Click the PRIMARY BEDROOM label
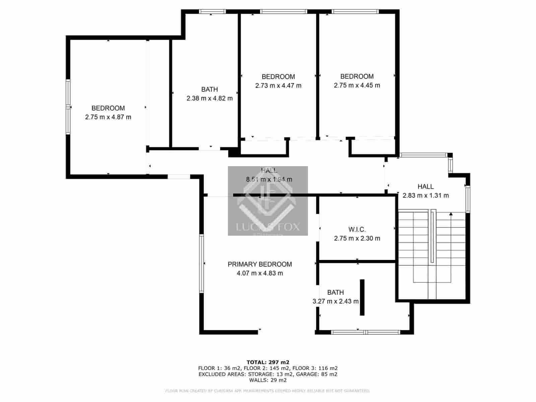(260, 264)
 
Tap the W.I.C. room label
(357, 230)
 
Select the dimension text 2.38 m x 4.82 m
(209, 98)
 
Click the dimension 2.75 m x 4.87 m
(108, 117)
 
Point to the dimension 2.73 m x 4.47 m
(278, 86)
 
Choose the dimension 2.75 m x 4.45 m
(357, 85)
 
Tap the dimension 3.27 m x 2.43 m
(335, 301)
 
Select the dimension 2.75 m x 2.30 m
(357, 239)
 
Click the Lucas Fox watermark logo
(268, 201)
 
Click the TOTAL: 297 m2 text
(268, 362)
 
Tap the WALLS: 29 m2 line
(268, 380)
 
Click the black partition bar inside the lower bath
(362, 297)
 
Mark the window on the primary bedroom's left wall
(202, 264)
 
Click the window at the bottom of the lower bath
(365, 332)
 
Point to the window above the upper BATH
(212, 11)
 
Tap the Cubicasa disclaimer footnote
(268, 391)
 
